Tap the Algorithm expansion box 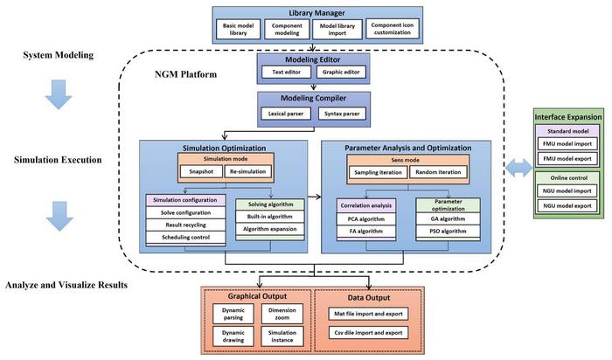[x=268, y=229]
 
